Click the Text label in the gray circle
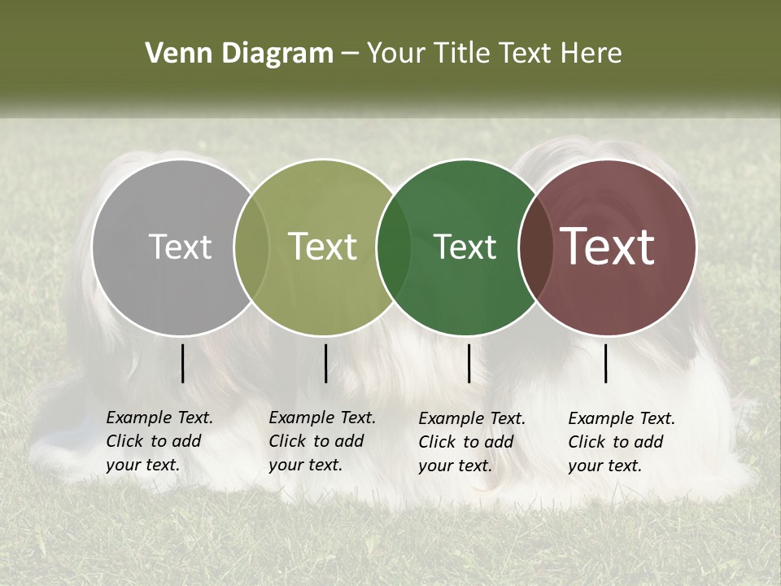pos(180,247)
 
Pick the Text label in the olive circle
pos(322,247)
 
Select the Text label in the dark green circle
pos(465,247)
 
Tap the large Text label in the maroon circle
pos(608,247)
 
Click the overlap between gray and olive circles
pos(251,247)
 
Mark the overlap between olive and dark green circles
pos(394,247)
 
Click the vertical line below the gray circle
pos(183,363)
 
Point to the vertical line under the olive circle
pos(325,363)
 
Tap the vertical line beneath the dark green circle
pos(469,363)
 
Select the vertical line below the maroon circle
pos(606,363)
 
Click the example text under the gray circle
pos(159,441)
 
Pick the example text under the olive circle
pos(322,441)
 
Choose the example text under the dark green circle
pos(472,442)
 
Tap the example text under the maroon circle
pos(622,442)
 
